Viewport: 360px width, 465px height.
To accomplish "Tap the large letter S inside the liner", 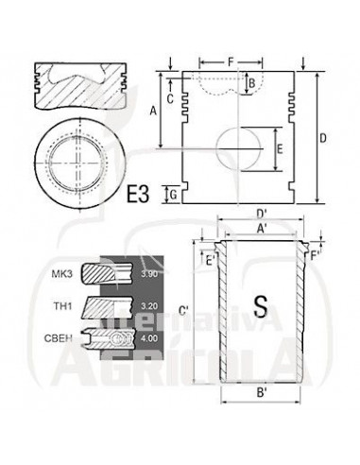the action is point(261,306).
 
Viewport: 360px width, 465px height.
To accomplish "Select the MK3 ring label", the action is point(62,274).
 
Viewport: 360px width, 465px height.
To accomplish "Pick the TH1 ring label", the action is point(62,305).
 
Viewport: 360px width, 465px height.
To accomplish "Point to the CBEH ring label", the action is point(59,338).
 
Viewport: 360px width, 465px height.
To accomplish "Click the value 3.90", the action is point(149,274).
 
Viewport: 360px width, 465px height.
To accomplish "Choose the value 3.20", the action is point(149,306).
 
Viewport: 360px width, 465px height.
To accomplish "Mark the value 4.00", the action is point(149,338).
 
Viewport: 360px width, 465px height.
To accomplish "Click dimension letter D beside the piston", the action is point(323,138).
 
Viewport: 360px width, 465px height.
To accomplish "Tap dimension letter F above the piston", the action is point(231,62).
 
